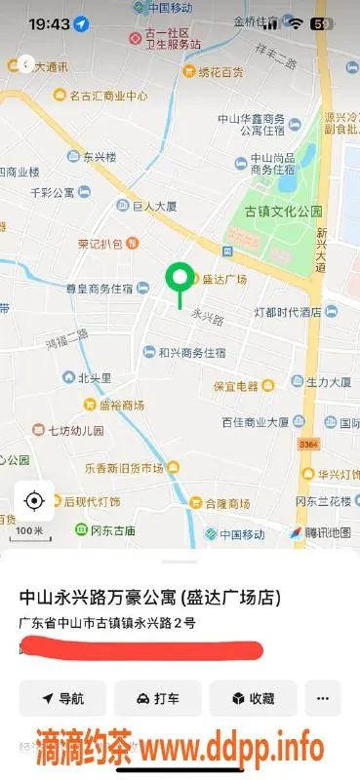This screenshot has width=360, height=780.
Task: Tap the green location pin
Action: coord(179,280)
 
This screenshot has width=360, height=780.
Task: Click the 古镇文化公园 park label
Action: coord(282,211)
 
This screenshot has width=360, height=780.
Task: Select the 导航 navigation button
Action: coord(61,698)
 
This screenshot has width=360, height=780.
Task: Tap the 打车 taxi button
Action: coord(157,698)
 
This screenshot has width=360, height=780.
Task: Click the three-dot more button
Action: coord(322,698)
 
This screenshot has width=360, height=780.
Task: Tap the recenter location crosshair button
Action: coord(34,501)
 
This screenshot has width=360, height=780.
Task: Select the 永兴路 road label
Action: coord(208,318)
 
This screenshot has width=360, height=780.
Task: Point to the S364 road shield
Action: coord(308,445)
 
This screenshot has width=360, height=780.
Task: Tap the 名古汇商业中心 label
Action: coord(107,96)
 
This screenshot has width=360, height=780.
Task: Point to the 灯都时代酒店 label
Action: coord(287,312)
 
